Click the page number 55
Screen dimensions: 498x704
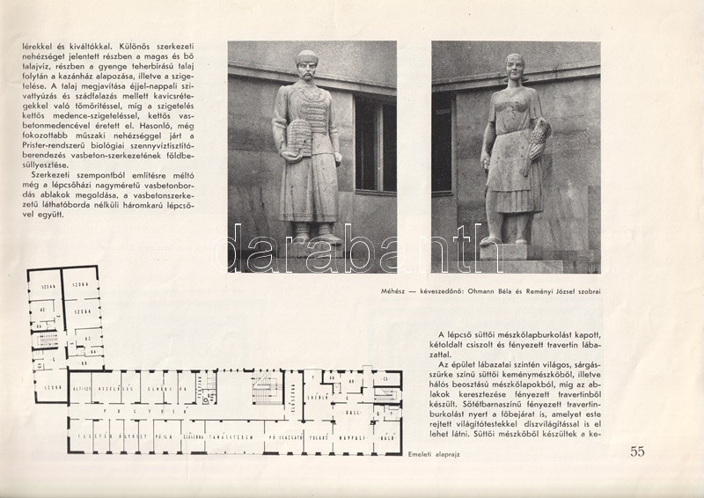pyautogui.click(x=638, y=453)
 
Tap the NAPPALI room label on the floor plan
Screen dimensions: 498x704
pyautogui.click(x=359, y=434)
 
